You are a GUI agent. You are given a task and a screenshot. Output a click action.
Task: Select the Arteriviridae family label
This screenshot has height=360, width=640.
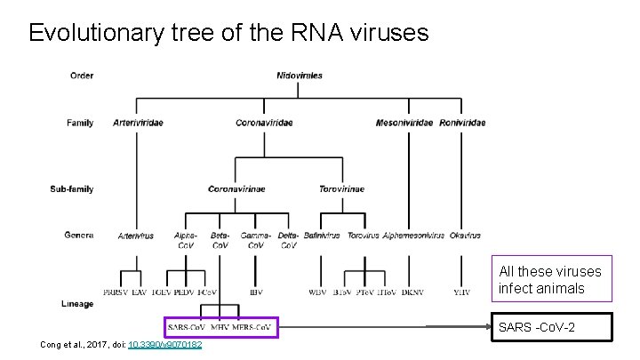pyautogui.click(x=138, y=122)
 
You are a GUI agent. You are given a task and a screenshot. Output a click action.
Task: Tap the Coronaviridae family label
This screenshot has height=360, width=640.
pyautogui.click(x=264, y=122)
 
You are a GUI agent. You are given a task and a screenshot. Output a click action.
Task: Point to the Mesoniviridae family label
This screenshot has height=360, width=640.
pyautogui.click(x=405, y=122)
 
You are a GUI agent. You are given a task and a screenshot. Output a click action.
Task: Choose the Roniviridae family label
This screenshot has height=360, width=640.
pyautogui.click(x=462, y=122)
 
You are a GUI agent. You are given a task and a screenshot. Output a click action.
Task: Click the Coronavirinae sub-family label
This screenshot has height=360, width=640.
pyautogui.click(x=236, y=188)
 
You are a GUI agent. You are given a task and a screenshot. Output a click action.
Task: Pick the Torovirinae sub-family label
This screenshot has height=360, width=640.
pyautogui.click(x=341, y=188)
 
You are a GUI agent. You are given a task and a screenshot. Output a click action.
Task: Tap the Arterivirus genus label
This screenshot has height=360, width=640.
pyautogui.click(x=136, y=236)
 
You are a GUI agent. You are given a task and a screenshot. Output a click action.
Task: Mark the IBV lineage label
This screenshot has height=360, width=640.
pyautogui.click(x=256, y=291)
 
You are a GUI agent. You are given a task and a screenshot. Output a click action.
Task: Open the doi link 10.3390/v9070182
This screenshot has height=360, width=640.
pyautogui.click(x=165, y=345)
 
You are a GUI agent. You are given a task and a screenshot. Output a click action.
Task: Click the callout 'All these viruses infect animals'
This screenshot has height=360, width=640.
pyautogui.click(x=549, y=279)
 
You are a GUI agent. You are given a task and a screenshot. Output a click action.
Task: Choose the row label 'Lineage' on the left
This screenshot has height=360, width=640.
pyautogui.click(x=79, y=303)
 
